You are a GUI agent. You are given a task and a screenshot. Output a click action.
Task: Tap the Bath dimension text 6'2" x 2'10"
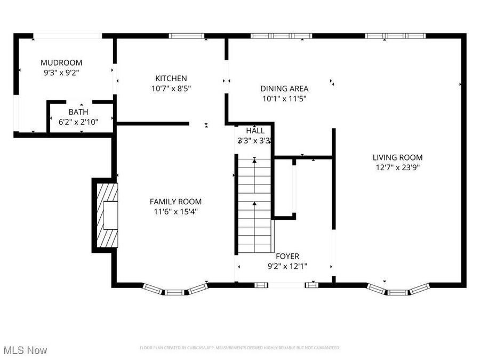(x=78, y=122)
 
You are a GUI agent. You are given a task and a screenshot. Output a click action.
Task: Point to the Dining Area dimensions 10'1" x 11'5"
(x=284, y=98)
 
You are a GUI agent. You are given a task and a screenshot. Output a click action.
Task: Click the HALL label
(x=255, y=131)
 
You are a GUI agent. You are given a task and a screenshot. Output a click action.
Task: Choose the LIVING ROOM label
(x=397, y=157)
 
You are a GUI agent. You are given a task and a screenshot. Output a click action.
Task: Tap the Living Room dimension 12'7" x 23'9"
(x=397, y=167)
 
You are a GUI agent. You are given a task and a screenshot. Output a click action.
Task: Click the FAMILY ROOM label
(x=175, y=201)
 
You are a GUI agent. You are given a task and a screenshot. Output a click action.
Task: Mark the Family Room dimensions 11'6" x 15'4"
(x=175, y=211)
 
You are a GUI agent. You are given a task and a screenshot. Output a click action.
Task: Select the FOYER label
(x=287, y=256)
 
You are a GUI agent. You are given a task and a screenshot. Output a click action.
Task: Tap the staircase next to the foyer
(x=254, y=205)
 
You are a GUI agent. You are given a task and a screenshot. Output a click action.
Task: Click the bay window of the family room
(x=175, y=290)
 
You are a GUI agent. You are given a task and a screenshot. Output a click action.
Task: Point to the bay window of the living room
(x=397, y=290)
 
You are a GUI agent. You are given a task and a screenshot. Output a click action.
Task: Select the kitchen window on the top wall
(x=187, y=36)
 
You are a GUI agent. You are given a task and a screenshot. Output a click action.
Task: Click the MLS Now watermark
(x=25, y=350)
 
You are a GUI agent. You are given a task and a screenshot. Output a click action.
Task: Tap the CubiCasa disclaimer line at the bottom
(x=239, y=348)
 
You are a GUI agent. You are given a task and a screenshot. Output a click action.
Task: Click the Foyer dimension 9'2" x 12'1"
(x=287, y=266)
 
